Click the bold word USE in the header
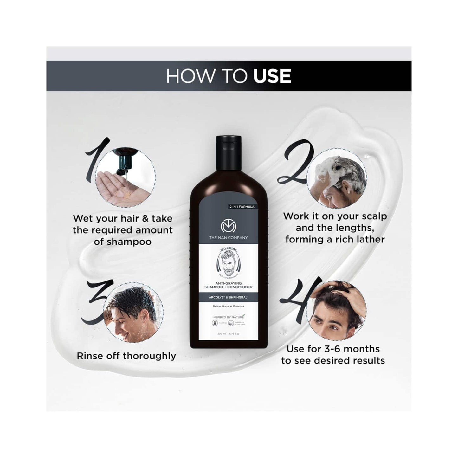click(x=272, y=76)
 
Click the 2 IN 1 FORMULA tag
click(x=242, y=207)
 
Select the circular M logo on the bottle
click(x=228, y=226)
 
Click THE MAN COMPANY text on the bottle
click(x=228, y=238)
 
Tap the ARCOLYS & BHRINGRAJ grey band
click(x=229, y=298)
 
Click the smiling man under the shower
click(x=133, y=312)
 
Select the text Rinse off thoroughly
click(x=126, y=356)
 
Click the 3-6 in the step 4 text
click(x=332, y=349)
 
